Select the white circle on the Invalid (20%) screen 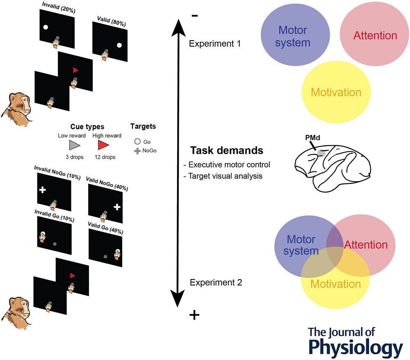pos(46,28)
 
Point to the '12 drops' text pos(112,157)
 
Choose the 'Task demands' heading pos(226,150)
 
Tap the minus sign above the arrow pos(195,16)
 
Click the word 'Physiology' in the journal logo pos(355,347)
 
